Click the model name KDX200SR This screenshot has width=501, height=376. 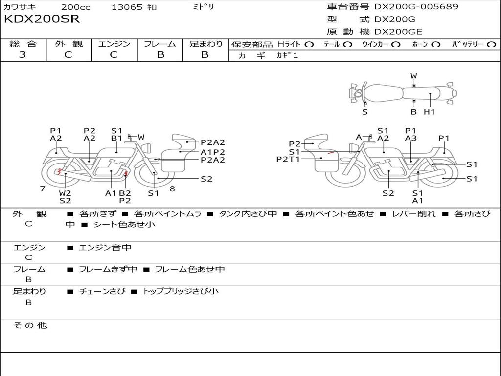tap(42, 19)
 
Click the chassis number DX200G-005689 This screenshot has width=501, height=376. tap(416, 7)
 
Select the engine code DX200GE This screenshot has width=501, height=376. tap(398, 32)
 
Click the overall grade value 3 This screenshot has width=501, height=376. tap(23, 55)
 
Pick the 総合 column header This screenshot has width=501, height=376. tap(23, 44)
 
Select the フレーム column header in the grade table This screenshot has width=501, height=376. tap(160, 44)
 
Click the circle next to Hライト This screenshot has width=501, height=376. tap(309, 44)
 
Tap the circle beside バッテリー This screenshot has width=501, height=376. tap(492, 44)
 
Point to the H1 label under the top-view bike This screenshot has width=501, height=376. tap(429, 112)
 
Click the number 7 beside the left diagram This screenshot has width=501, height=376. tap(43, 188)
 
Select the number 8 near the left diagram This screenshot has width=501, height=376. tap(172, 188)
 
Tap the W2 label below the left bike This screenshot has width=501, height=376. tap(65, 193)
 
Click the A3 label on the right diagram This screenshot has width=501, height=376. tap(411, 139)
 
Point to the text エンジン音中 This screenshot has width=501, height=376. tap(105, 248)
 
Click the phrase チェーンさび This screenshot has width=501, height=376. tap(102, 291)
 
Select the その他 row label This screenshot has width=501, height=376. tap(30, 325)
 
